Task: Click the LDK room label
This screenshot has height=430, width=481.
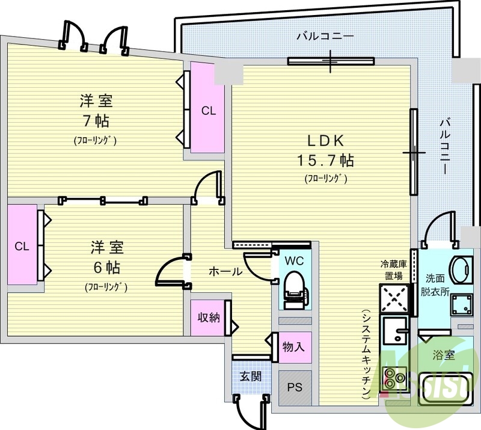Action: pyautogui.click(x=325, y=141)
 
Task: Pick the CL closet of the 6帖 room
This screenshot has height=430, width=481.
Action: pyautogui.click(x=22, y=246)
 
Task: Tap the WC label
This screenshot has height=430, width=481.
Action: pyautogui.click(x=295, y=261)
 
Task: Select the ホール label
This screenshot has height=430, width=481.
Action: pyautogui.click(x=225, y=272)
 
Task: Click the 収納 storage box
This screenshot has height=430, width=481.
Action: pyautogui.click(x=209, y=318)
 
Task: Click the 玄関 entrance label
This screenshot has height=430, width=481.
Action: pyautogui.click(x=250, y=377)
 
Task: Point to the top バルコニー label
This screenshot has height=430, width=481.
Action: pyautogui.click(x=325, y=36)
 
